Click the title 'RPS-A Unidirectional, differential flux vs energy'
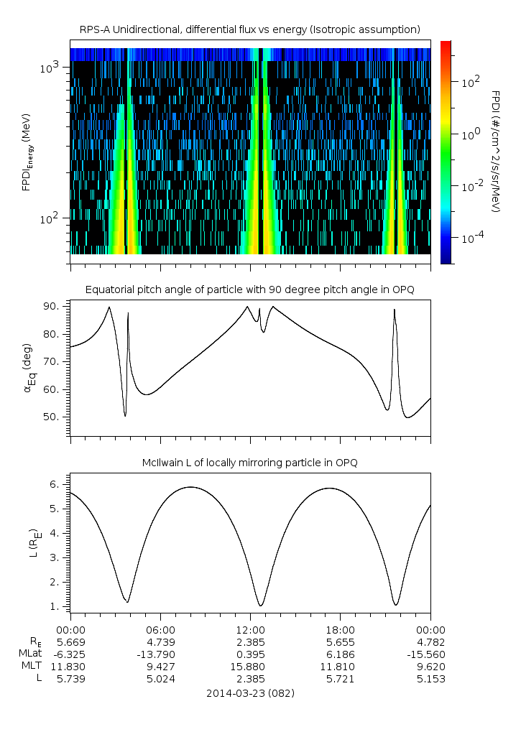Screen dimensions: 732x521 tap(250, 29)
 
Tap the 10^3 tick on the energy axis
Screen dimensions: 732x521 tap(51, 68)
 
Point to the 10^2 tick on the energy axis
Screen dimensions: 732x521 tap(51, 218)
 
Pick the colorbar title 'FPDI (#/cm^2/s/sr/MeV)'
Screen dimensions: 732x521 tap(496, 151)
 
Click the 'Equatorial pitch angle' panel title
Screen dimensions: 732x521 tap(250, 289)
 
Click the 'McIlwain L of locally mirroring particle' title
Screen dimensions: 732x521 tap(250, 462)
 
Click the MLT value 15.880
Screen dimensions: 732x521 tap(250, 666)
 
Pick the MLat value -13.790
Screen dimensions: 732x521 tap(160, 654)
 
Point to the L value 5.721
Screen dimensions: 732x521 tap(340, 678)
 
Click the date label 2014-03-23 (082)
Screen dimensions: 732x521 tap(250, 693)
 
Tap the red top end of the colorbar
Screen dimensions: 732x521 tap(446, 45)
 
